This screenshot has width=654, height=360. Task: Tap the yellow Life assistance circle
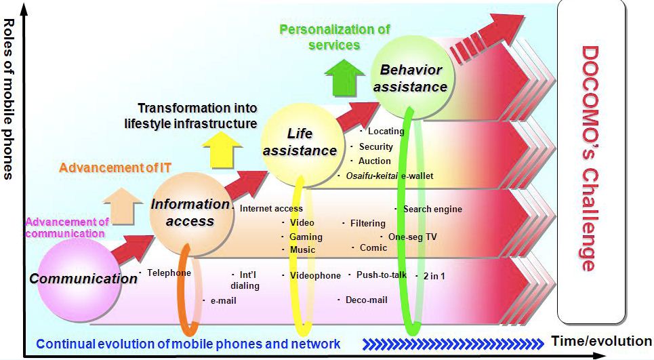click(x=299, y=142)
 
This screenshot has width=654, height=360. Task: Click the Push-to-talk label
click(x=381, y=275)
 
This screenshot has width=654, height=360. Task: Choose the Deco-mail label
click(x=366, y=299)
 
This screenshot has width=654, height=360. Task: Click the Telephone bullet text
click(x=169, y=273)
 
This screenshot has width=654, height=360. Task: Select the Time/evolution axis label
click(x=601, y=341)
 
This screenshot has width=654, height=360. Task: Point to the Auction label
click(x=375, y=161)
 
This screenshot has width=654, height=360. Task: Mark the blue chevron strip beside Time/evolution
click(x=453, y=343)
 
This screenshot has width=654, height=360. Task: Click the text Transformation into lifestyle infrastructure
click(x=191, y=115)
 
